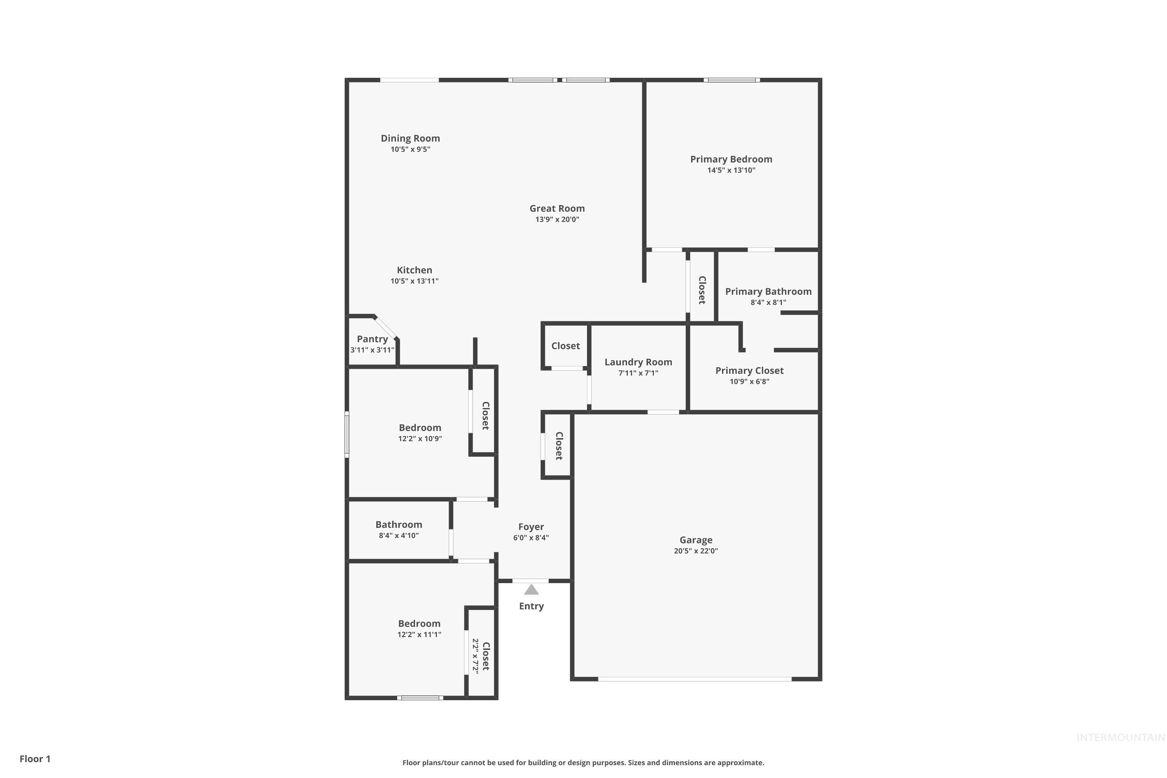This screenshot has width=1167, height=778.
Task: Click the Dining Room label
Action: point(410,138)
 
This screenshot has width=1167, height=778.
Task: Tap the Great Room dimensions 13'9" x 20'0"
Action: point(557,219)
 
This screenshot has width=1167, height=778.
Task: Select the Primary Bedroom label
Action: point(731,159)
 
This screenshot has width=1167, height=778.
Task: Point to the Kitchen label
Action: point(414,270)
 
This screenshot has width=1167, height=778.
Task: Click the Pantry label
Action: point(372,339)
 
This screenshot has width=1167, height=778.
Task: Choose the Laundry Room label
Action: point(638,362)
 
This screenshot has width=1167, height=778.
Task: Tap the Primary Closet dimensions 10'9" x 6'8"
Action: point(749,382)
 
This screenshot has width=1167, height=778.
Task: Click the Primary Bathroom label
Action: point(768,291)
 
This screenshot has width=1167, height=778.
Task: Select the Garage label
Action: point(696,540)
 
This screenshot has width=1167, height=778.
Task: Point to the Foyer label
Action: point(531,527)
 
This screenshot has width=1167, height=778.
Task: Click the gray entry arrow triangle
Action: point(531,590)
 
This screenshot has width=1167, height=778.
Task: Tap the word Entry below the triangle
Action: point(531,606)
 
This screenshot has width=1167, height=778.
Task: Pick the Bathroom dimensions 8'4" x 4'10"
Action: point(398,535)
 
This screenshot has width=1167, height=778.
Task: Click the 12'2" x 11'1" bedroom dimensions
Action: point(419,634)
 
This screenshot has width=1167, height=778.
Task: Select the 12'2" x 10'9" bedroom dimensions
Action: point(420,439)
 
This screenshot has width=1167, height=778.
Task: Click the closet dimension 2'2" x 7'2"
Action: point(475,656)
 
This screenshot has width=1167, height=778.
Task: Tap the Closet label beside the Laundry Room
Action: point(565,346)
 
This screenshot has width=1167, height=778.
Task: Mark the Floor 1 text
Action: point(35,759)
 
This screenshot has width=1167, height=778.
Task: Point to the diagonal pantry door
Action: point(385,328)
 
